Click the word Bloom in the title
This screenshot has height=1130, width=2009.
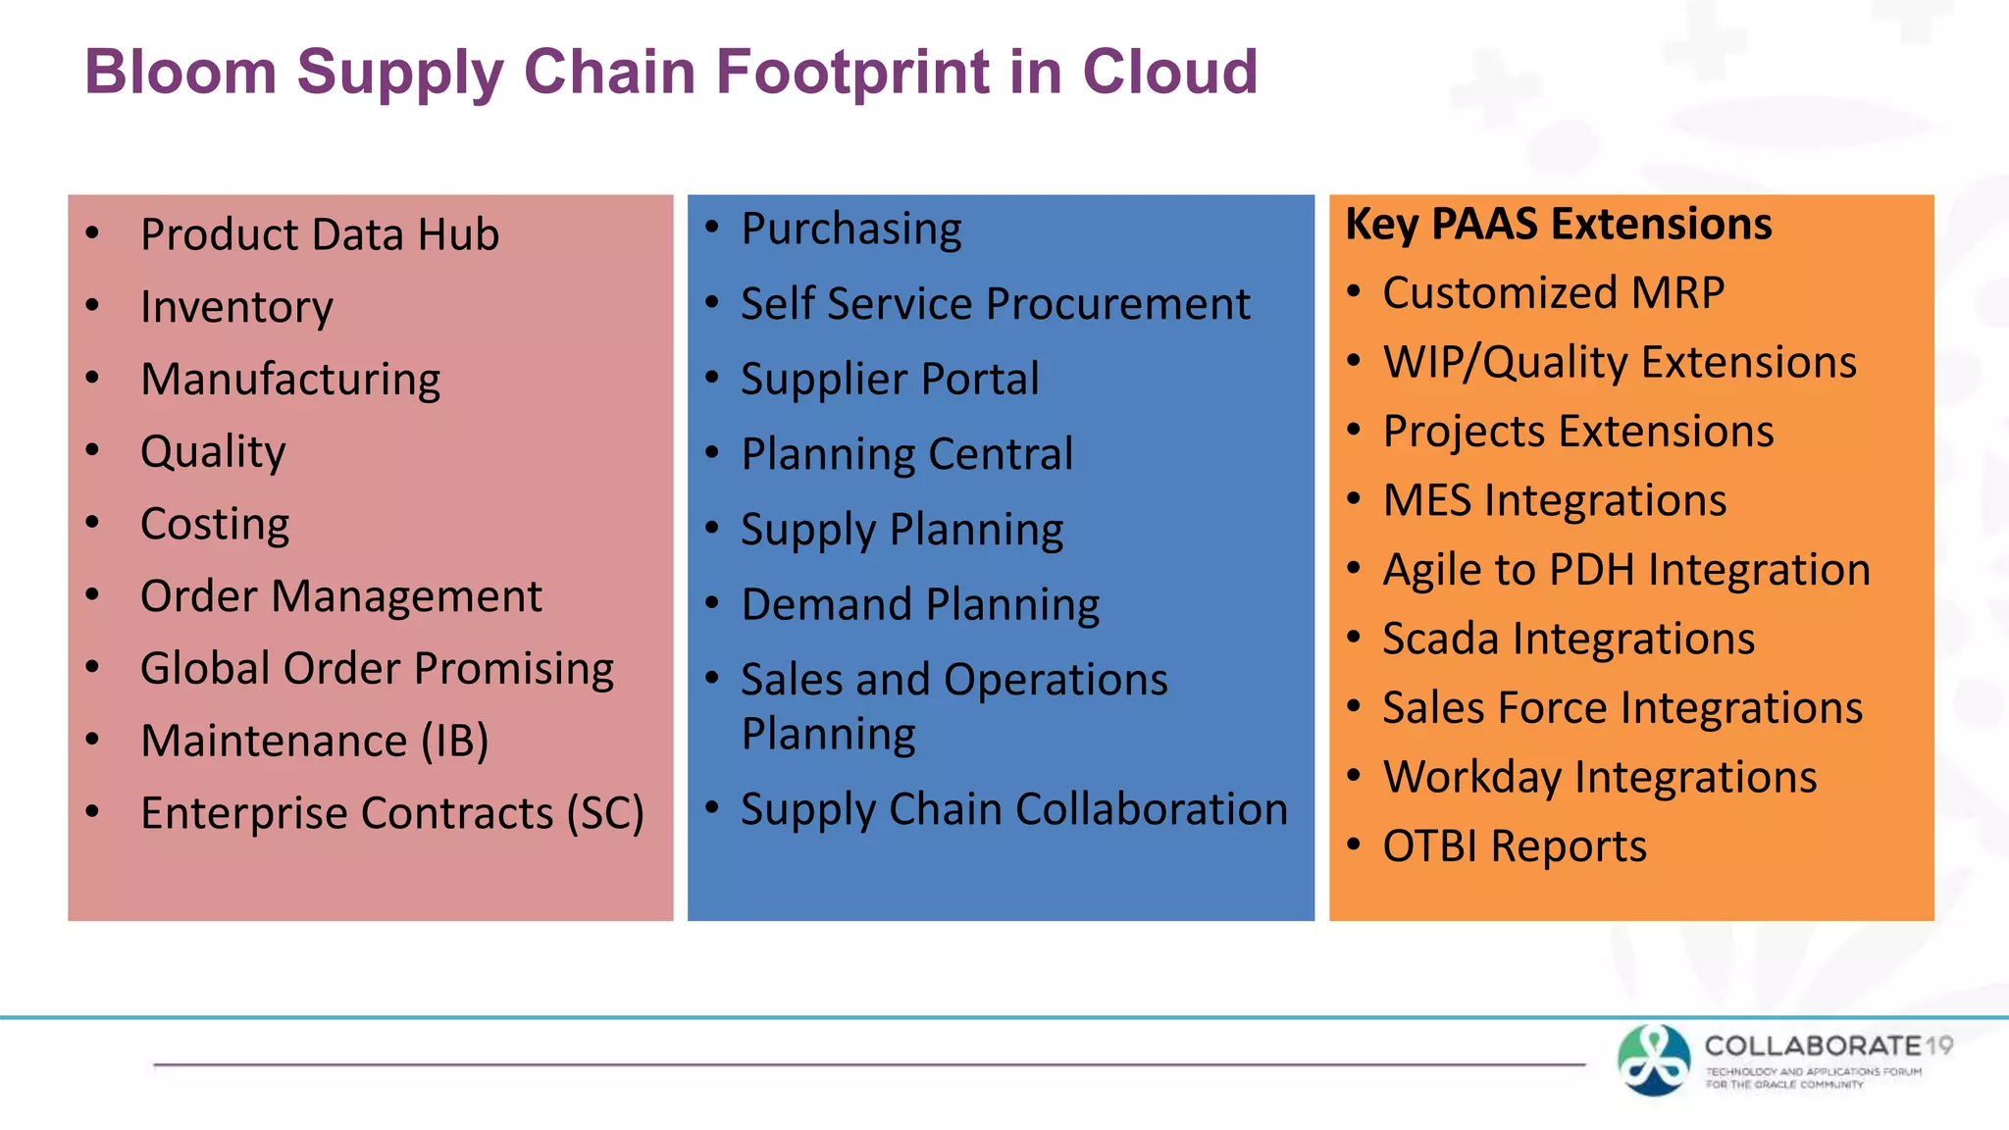pyautogui.click(x=181, y=72)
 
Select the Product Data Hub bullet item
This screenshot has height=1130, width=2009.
pyautogui.click(x=320, y=235)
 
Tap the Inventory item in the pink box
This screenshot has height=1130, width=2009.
pyautogui.click(x=236, y=307)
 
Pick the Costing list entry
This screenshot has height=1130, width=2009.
pyautogui.click(x=215, y=524)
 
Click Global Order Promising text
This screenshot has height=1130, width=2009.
pyautogui.click(x=377, y=669)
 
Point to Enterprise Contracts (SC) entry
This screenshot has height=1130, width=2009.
pyautogui.click(x=391, y=813)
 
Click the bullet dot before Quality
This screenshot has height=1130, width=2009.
pyautogui.click(x=93, y=450)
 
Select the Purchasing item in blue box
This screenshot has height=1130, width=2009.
pyautogui.click(x=850, y=230)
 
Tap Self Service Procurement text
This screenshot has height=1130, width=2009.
pyautogui.click(x=995, y=304)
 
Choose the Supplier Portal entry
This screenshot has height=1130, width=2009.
pyautogui.click(x=889, y=380)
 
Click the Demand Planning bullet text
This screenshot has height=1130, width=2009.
pyautogui.click(x=919, y=605)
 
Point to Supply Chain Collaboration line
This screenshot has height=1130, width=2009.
pyautogui.click(x=1013, y=810)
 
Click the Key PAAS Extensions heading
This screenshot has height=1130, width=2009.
pyautogui.click(x=1558, y=225)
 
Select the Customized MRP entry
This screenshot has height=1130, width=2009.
pyautogui.click(x=1553, y=293)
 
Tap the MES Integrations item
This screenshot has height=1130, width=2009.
pyautogui.click(x=1554, y=500)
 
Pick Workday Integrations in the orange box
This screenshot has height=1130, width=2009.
pyautogui.click(x=1599, y=777)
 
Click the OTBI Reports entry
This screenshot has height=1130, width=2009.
pyautogui.click(x=1514, y=847)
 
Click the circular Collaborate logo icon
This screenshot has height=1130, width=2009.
pyautogui.click(x=1654, y=1059)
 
